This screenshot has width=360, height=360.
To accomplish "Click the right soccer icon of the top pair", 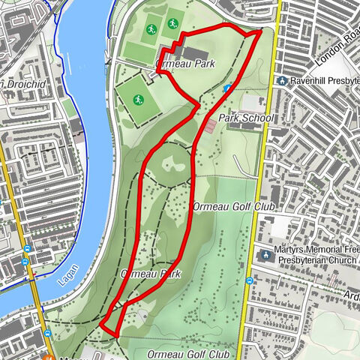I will tap(173, 24).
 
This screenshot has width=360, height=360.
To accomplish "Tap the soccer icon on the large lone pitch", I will tap(139, 100).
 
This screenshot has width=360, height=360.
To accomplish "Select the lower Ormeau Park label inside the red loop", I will tap(151, 274).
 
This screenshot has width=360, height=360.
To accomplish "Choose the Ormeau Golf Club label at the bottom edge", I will tap(188, 353).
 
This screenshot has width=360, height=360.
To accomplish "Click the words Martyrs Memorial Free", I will tap(316, 249).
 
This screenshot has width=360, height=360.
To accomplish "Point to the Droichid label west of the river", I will tap(26, 84).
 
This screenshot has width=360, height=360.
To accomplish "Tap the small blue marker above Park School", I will tap(226, 88).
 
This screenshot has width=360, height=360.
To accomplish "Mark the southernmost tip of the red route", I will tap(116, 334).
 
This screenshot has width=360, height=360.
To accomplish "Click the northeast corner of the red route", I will tap(260, 31).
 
